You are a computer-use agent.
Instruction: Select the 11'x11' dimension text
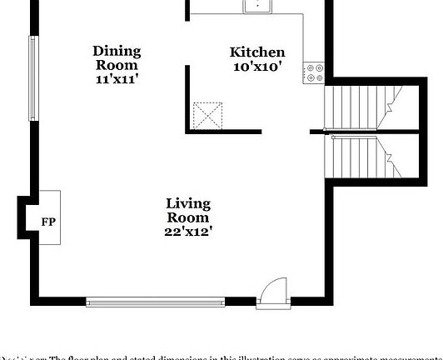tap(117, 79)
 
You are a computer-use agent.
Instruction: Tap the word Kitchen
tap(257, 52)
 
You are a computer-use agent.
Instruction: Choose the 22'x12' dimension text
tap(188, 232)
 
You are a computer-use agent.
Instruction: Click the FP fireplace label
tap(47, 222)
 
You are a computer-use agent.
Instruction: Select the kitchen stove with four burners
tap(314, 72)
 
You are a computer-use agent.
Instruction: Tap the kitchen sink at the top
tap(259, 6)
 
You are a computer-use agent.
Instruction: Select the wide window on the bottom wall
tap(155, 301)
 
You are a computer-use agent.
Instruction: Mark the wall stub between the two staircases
tap(316, 131)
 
